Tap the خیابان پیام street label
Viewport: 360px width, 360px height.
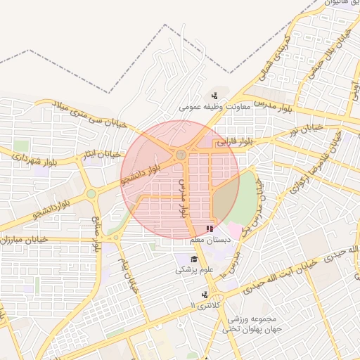[x=128, y=270]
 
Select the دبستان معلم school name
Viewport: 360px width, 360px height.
[x=207, y=240]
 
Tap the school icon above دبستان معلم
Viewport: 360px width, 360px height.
[x=209, y=229]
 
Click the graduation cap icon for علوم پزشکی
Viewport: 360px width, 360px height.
[x=184, y=259]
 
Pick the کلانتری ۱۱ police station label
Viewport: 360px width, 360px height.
[x=205, y=305]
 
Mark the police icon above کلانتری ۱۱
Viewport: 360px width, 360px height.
[x=205, y=295]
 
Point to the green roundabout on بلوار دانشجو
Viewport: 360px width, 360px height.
[x=91, y=194]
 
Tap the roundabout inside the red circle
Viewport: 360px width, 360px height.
[x=181, y=154]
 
